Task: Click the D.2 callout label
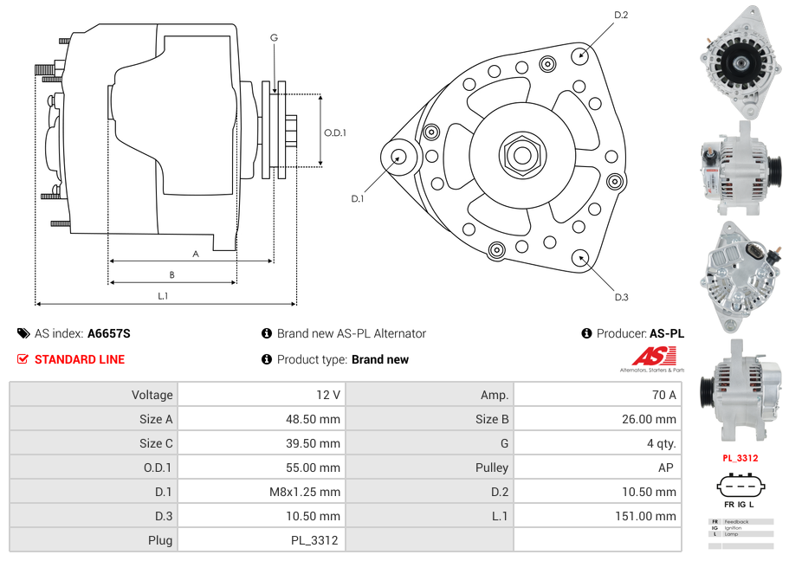click(x=621, y=16)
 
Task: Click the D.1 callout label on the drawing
click(x=358, y=198)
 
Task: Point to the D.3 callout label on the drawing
click(x=621, y=297)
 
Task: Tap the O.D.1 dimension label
click(x=335, y=132)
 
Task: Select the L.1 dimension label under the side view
click(x=163, y=296)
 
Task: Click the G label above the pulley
click(x=274, y=37)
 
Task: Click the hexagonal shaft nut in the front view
click(x=521, y=155)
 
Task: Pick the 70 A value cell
click(x=597, y=395)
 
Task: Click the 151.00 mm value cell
click(x=597, y=516)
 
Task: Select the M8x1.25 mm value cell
click(x=260, y=492)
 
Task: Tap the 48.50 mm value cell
click(x=260, y=419)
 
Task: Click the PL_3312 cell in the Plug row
click(x=260, y=540)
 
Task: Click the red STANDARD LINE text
click(x=80, y=359)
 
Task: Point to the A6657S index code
click(x=109, y=333)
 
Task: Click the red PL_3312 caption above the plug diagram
click(x=740, y=458)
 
